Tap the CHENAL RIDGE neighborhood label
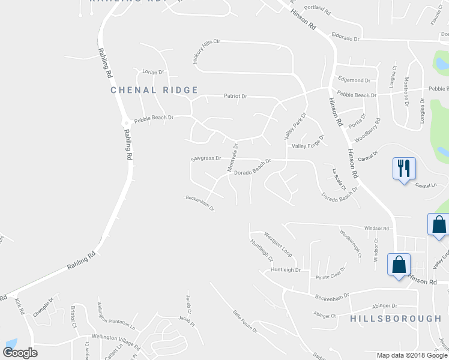pos(154,90)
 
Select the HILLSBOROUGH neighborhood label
pos(396,319)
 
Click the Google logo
pos(20,352)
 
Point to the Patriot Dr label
pos(235,96)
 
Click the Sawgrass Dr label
pos(206,159)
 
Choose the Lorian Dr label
pos(152,72)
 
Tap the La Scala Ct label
pos(340,179)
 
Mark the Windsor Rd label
pos(377,229)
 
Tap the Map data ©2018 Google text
pos(411,355)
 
